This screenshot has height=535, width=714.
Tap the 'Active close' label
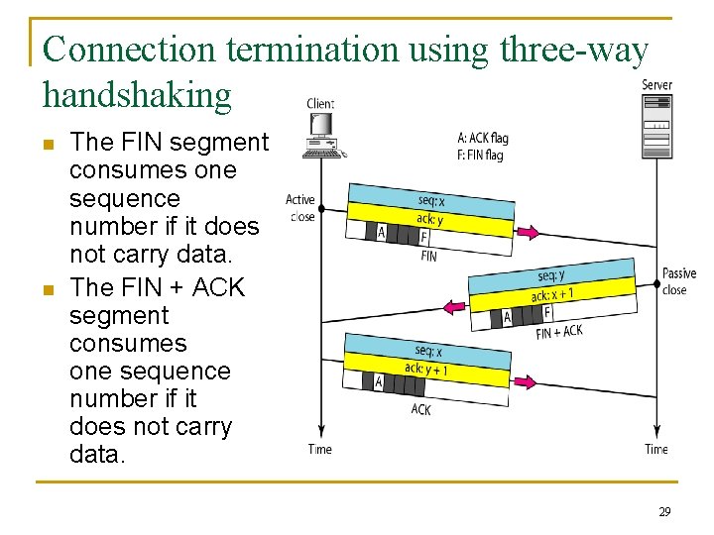pos(300,208)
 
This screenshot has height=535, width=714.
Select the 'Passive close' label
pos(678,281)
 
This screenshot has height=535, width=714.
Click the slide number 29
pos(664,512)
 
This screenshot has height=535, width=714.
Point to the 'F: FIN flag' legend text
pos(480,155)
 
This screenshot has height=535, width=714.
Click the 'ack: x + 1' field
pos(552,294)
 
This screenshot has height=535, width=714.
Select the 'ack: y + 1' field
pos(425,370)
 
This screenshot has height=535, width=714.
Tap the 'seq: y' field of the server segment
pos(551,274)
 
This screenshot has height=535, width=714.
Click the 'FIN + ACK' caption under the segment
pos(559,333)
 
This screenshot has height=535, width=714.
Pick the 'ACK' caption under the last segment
pos(420,408)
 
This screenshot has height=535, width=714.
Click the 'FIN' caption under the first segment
pos(428,257)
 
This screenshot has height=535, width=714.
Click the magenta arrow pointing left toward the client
pos(457,307)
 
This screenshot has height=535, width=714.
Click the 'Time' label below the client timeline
pos(319,449)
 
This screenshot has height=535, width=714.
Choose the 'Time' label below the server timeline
pos(656,449)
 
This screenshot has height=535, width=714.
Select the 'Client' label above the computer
pos(320,103)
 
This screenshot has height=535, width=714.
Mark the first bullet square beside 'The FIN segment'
pos(48,145)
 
